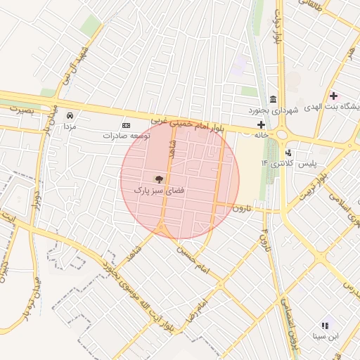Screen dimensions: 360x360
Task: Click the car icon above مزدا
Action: (x=70, y=115)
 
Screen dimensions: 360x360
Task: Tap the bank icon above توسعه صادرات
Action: (x=127, y=124)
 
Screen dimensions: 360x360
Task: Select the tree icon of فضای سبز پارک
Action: (x=159, y=179)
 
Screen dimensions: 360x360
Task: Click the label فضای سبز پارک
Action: (x=159, y=191)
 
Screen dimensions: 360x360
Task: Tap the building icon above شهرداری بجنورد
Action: (x=273, y=99)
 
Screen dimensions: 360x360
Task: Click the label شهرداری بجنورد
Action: (x=274, y=111)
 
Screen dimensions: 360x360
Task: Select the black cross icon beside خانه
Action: (x=261, y=124)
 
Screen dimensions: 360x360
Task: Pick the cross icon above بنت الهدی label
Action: (x=333, y=96)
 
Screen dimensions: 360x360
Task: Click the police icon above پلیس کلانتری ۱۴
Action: (x=288, y=153)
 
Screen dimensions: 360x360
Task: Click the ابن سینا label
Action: (x=324, y=337)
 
